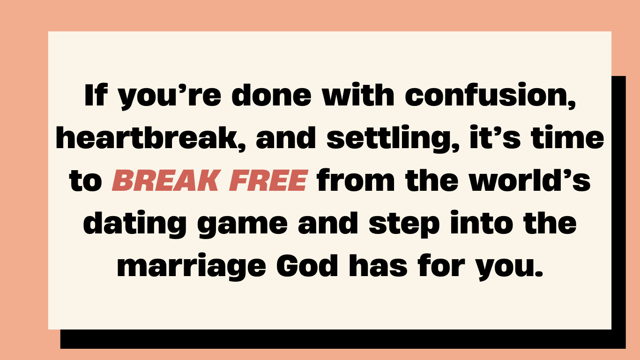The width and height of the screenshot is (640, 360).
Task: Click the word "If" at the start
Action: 96,95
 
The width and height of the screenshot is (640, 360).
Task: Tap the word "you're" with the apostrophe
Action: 170,97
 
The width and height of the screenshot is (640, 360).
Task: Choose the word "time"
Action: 567,137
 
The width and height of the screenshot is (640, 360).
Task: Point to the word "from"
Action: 356,180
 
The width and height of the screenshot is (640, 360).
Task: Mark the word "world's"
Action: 530,180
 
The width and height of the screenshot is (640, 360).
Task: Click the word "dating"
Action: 135,225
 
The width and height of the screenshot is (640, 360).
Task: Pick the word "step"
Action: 404,225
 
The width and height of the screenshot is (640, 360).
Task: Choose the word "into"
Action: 482,223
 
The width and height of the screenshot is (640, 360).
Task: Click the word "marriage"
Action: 192,267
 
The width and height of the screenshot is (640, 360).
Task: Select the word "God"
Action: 307,265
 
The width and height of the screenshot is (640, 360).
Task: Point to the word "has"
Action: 378,265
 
